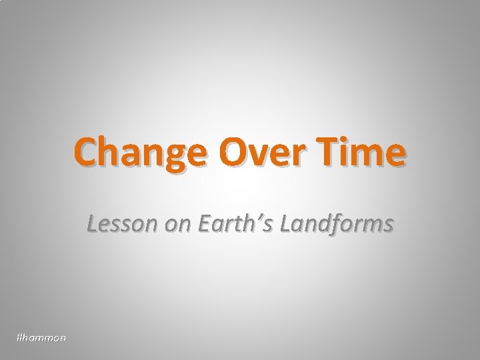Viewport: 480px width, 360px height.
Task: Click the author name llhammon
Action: pos(41,339)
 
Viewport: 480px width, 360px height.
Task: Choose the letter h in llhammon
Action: pos(27,339)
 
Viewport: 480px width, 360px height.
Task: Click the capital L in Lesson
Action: pos(93,226)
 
